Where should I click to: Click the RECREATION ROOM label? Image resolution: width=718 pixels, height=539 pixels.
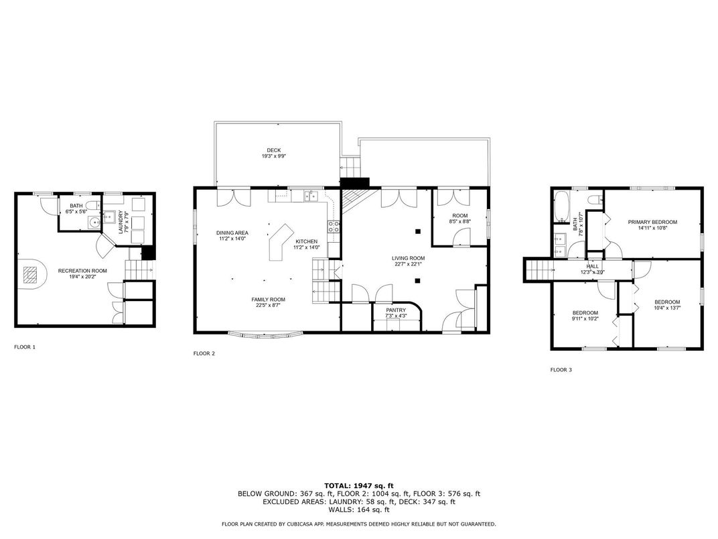pos(82,271)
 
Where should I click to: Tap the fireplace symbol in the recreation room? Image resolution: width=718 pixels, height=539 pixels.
pos(31,275)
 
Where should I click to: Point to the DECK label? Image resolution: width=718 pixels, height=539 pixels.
pos(274,150)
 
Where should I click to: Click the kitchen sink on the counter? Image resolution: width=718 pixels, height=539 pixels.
pos(312,196)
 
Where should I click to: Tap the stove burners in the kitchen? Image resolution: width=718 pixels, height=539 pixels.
pos(334,227)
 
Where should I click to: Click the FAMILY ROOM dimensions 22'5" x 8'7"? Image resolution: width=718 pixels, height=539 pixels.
pos(268,305)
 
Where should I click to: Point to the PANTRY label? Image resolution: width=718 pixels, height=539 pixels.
pos(396,310)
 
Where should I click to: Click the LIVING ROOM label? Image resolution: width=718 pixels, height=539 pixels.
pos(408,258)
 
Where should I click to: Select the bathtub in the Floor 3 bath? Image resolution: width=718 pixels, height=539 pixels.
pos(561,206)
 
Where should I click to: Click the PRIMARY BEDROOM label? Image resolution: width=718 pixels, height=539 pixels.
pos(652,222)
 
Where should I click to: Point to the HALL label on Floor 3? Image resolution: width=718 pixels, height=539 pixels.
pos(593,266)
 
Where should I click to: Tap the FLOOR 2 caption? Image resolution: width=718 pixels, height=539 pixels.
pos(204,353)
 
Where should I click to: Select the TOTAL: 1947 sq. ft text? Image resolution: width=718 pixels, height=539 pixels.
pos(359,486)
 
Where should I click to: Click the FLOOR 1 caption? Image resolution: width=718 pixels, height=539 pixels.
pos(25,347)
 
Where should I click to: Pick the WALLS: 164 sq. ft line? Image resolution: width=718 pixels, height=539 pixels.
pos(359,510)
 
